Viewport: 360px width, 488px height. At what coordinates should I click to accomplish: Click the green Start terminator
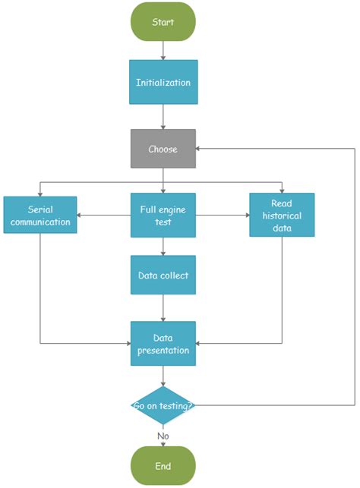pyautogui.click(x=163, y=21)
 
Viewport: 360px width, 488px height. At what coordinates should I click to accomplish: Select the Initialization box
pyautogui.click(x=163, y=83)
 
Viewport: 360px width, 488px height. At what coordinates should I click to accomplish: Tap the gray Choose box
pyautogui.click(x=163, y=149)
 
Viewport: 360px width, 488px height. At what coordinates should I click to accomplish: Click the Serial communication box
pyautogui.click(x=40, y=215)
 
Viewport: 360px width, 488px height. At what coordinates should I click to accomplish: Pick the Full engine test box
pyautogui.click(x=163, y=215)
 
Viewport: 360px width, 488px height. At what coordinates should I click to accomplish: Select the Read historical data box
pyautogui.click(x=282, y=215)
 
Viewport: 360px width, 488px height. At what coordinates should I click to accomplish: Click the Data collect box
pyautogui.click(x=163, y=275)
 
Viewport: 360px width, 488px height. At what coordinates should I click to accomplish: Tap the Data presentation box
pyautogui.click(x=163, y=344)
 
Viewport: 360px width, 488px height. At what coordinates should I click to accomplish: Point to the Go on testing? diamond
pyautogui.click(x=163, y=405)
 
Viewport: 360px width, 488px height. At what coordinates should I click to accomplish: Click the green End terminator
pyautogui.click(x=163, y=465)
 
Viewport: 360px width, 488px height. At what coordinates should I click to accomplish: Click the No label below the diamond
pyautogui.click(x=163, y=436)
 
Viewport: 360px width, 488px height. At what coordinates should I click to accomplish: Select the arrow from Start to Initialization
pyautogui.click(x=163, y=51)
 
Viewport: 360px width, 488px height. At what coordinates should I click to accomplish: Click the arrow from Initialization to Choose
pyautogui.click(x=163, y=117)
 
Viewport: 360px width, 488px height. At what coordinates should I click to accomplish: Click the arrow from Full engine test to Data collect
pyautogui.click(x=163, y=246)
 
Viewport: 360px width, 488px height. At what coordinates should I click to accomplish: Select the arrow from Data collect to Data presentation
pyautogui.click(x=163, y=307)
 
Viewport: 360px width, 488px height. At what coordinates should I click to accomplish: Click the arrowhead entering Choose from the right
pyautogui.click(x=200, y=149)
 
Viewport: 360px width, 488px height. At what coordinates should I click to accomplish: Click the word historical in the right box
pyautogui.click(x=282, y=215)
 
